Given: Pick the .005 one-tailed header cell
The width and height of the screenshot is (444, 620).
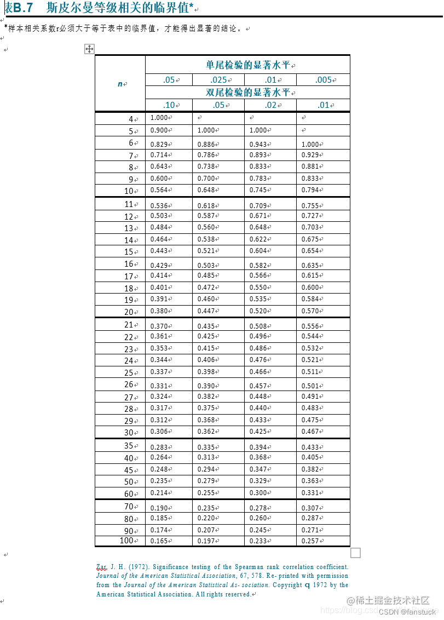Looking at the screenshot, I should click(323, 80).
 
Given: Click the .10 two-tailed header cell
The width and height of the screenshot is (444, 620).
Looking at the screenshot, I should click(169, 105).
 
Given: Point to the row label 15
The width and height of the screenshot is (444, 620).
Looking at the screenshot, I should click(129, 252).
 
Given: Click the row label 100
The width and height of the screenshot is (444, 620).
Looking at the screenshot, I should click(126, 541).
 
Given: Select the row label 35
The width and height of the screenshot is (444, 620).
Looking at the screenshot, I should click(129, 446).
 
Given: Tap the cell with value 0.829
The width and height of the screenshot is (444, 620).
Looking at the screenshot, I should click(159, 144).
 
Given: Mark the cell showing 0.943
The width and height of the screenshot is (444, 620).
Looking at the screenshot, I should click(258, 144).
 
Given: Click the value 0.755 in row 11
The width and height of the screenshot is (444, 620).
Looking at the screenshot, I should click(310, 206).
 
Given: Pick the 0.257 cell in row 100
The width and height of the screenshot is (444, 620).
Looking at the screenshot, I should click(310, 541).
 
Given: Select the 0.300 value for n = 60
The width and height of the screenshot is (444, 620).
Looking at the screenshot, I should click(258, 493).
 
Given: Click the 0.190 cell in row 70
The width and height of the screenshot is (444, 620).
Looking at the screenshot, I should click(159, 508).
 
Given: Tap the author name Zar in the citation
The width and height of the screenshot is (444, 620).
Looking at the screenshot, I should click(102, 567).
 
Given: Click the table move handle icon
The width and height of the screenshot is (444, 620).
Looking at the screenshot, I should click(89, 49).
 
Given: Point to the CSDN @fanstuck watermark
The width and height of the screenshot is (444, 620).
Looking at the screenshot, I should click(407, 612).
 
